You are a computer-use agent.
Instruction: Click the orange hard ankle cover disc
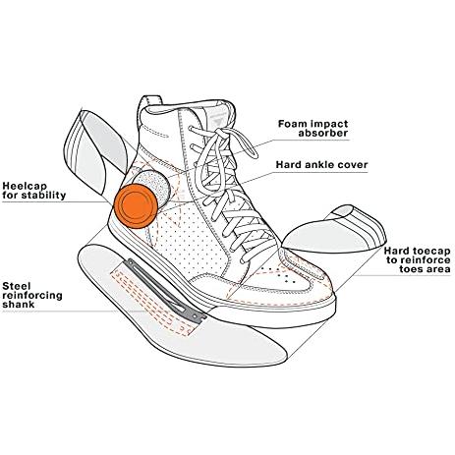click(x=136, y=205)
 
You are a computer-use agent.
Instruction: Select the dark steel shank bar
click(x=166, y=289)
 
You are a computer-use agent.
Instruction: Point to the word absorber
click(x=322, y=133)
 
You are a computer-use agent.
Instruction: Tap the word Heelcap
click(x=25, y=187)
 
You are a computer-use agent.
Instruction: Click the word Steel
click(x=17, y=286)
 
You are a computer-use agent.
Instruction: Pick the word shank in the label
click(x=19, y=305)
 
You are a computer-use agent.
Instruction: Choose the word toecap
click(x=430, y=252)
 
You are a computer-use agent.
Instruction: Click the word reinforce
click(x=426, y=260)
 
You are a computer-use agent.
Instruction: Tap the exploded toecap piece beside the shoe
click(x=334, y=229)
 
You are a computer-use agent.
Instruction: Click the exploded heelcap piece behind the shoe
click(x=94, y=151)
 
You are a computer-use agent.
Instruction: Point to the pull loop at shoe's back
click(x=150, y=105)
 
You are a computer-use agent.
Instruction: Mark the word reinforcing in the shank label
click(x=32, y=296)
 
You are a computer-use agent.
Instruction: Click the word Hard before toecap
click(x=396, y=252)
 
